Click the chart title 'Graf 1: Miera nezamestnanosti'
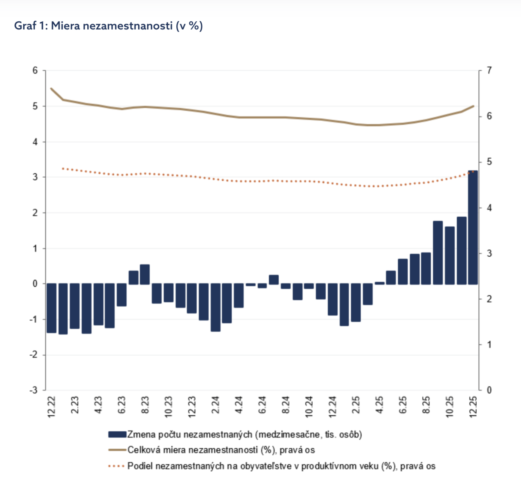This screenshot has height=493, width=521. point(109,26)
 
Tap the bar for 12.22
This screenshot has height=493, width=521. point(52,308)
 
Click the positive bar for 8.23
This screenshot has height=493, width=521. point(145,274)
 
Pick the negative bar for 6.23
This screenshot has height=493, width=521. point(122,295)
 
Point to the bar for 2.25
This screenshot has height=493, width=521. point(356,302)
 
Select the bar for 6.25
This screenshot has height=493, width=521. point(403,271)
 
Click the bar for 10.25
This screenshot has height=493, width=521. point(450,255)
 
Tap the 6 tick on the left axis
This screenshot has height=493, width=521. point(35,70)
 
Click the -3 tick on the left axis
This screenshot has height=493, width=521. point(34,390)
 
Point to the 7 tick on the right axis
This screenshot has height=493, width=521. point(489,70)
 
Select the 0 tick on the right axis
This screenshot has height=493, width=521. point(489,390)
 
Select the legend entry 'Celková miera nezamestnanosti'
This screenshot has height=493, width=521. point(221,450)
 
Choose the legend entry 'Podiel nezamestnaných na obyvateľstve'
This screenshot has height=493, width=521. point(281,466)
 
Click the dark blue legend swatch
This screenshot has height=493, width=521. point(117,434)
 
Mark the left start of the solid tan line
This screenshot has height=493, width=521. point(51,88)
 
